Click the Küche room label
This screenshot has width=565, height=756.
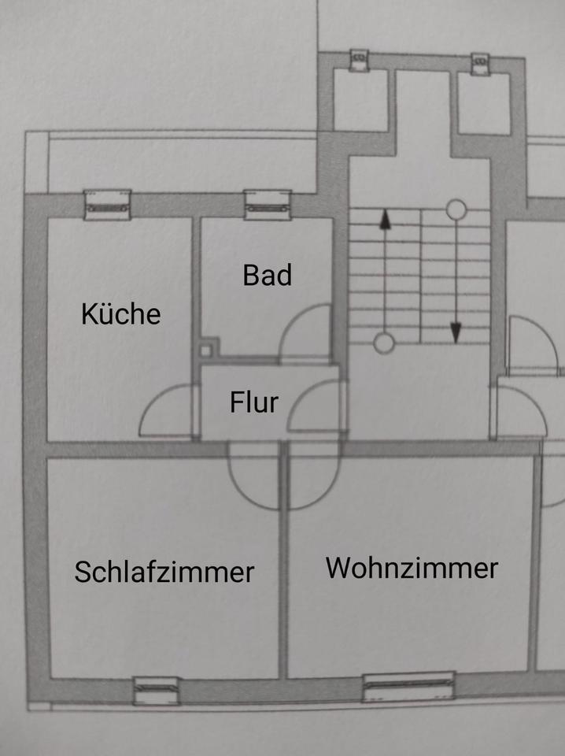tap(121, 313)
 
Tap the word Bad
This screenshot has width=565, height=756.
tap(268, 275)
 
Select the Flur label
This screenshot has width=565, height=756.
tap(254, 402)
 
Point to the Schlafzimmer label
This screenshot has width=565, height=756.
tap(164, 572)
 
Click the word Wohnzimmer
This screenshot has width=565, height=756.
tap(412, 568)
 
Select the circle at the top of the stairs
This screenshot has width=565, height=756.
tap(456, 209)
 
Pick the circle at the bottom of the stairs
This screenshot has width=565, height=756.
tap(384, 343)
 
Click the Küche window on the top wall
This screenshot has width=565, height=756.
tap(107, 205)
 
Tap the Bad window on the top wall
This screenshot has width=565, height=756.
tap(268, 205)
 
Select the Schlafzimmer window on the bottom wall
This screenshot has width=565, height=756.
tap(156, 691)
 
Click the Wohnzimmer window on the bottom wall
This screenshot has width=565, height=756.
tap(408, 687)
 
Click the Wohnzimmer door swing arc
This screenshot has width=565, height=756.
tap(328, 491)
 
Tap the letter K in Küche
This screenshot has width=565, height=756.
tap(88, 314)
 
